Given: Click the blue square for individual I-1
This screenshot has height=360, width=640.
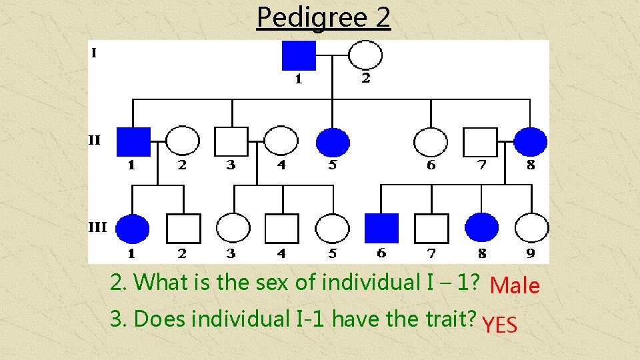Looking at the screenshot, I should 299,55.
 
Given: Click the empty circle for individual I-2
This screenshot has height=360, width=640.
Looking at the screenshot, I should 366,55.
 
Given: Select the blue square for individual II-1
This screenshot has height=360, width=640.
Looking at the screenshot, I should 133,141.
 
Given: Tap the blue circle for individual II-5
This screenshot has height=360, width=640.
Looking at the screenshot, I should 333,141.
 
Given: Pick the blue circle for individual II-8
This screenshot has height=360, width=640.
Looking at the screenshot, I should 531,141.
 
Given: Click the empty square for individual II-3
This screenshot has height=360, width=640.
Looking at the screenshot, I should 231,141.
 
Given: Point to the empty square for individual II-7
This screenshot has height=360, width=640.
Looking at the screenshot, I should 481,141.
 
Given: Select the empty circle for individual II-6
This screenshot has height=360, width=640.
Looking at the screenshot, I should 431,141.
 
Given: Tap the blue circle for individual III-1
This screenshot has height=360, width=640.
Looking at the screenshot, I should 133,228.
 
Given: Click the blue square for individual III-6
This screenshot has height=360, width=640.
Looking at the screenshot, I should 382,228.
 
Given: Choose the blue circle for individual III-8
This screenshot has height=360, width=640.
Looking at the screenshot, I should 481,228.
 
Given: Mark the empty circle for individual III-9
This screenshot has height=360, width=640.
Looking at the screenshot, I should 532,228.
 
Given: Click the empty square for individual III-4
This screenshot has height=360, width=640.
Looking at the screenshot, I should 281,228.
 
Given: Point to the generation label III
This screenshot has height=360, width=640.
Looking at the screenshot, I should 97,227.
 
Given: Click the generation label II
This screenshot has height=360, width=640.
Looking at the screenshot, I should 95,140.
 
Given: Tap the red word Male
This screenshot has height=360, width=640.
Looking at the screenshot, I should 514,286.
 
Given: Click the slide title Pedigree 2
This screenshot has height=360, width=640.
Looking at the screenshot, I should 323,17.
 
